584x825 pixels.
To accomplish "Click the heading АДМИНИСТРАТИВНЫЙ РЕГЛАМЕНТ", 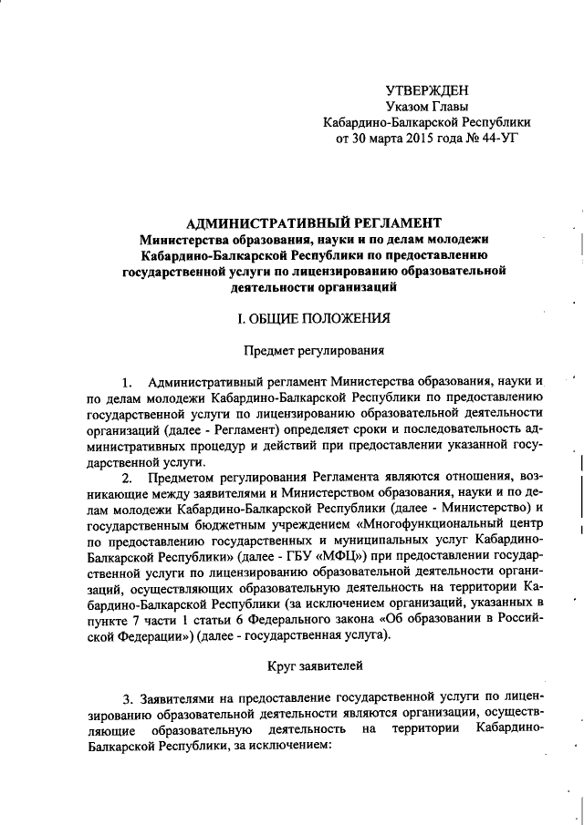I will [x=313, y=222].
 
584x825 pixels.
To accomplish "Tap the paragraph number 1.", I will [x=126, y=380].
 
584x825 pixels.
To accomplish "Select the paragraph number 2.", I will [x=126, y=478].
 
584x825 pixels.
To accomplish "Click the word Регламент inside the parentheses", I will [x=249, y=428].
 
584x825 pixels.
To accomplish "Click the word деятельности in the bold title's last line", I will [x=266, y=287].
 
